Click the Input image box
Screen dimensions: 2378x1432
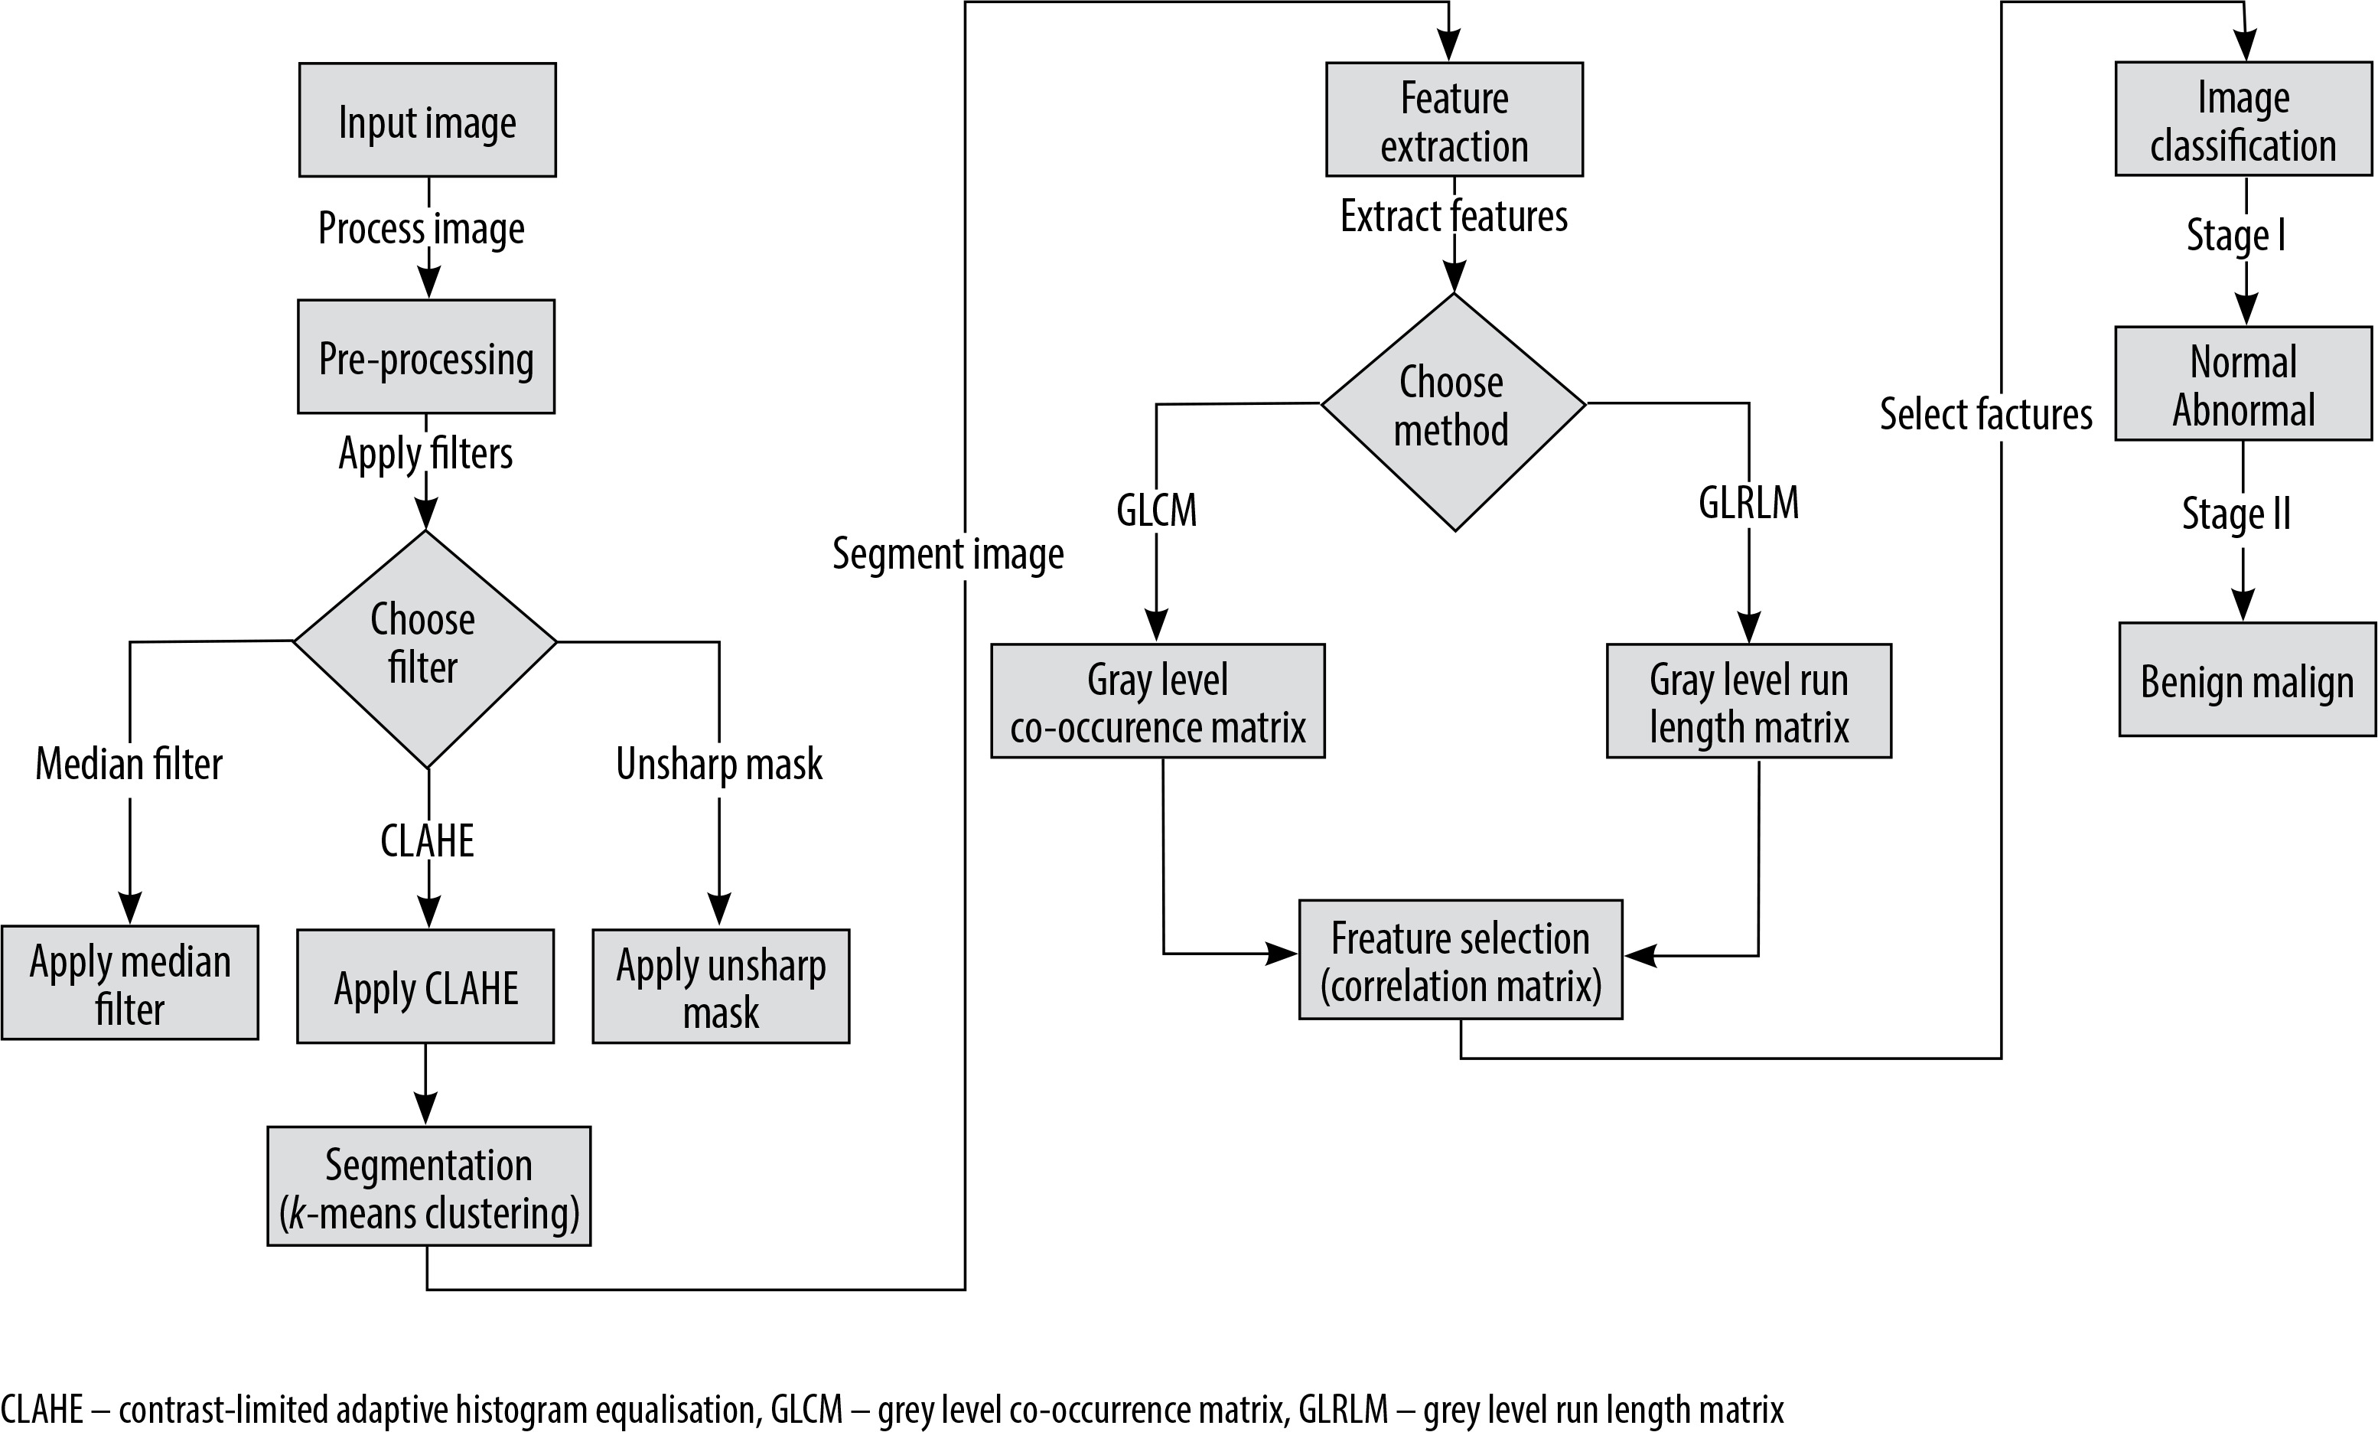[x=428, y=119]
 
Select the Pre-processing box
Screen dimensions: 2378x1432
[x=426, y=357]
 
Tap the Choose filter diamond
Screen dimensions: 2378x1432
[x=425, y=648]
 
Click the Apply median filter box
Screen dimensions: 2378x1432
[x=130, y=982]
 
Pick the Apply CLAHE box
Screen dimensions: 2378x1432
[x=425, y=987]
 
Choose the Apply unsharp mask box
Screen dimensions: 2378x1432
[x=722, y=987]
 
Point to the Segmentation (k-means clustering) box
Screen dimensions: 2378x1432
[x=429, y=1186]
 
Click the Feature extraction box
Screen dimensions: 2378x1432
[x=1454, y=119]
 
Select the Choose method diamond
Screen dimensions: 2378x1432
[x=1454, y=412]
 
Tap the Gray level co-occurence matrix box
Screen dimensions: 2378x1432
[x=1158, y=700]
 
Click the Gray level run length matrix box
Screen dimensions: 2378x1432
[x=1749, y=700]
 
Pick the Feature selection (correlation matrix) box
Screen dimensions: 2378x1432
[x=1461, y=959]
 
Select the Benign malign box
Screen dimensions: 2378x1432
[x=2248, y=680]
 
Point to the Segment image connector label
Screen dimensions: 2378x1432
[x=948, y=554]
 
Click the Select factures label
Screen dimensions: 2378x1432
[x=1986, y=414]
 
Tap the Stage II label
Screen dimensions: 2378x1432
[x=2236, y=514]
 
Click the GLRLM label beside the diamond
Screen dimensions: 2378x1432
[x=1749, y=503]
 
